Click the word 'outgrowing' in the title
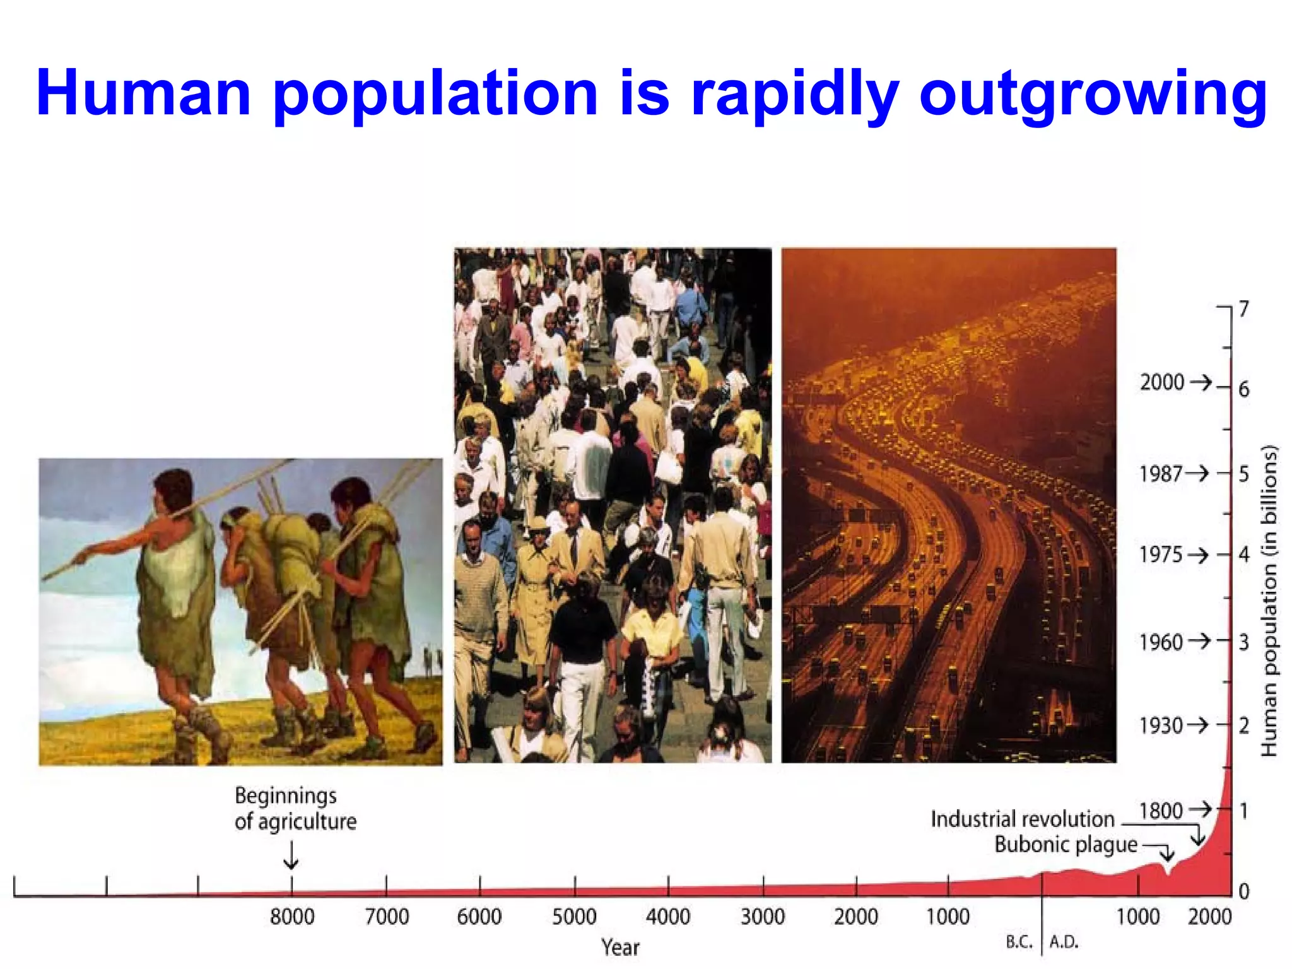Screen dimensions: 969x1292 click(1093, 95)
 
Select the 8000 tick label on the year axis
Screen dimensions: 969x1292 click(292, 917)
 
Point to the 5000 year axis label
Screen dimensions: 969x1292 click(574, 917)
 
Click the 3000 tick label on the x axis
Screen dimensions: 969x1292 click(762, 917)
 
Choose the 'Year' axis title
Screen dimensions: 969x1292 click(620, 948)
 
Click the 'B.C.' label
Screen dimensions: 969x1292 click(1019, 943)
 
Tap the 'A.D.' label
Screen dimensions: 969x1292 click(1064, 943)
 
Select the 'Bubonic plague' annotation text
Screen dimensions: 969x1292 click(1066, 845)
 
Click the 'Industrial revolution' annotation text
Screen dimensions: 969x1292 click(1023, 819)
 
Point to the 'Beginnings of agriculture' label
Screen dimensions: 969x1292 click(295, 809)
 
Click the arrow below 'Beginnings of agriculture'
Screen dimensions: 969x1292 click(291, 856)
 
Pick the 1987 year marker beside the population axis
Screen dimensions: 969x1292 click(1161, 474)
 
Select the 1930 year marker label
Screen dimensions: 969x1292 click(1161, 726)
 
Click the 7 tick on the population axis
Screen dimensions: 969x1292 click(1243, 309)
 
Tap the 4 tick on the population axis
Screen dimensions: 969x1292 click(1243, 555)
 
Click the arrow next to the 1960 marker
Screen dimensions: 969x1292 click(1199, 642)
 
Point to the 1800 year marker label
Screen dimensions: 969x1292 click(1161, 811)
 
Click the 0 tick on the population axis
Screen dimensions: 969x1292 click(1243, 891)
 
